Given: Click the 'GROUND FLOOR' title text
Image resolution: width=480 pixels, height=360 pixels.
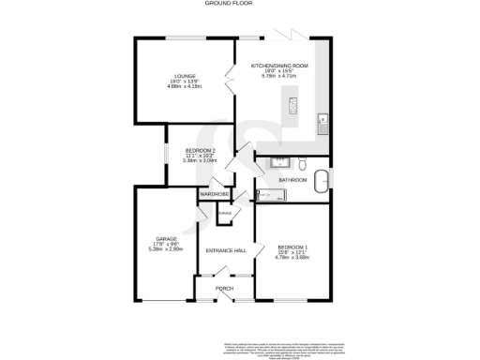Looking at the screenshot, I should coord(231,4).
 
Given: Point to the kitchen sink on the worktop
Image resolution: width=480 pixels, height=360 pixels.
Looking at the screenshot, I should coord(322,120).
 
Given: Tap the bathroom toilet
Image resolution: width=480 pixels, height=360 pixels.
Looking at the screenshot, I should coord(263,162).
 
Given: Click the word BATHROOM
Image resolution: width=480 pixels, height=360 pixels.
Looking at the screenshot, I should coord(292,178).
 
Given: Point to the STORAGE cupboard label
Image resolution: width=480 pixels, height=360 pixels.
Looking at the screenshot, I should coord(225,212).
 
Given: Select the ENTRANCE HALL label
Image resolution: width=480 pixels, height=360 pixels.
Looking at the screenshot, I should coord(225,251).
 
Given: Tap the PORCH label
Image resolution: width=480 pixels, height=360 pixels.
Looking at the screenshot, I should coord(225,288).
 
